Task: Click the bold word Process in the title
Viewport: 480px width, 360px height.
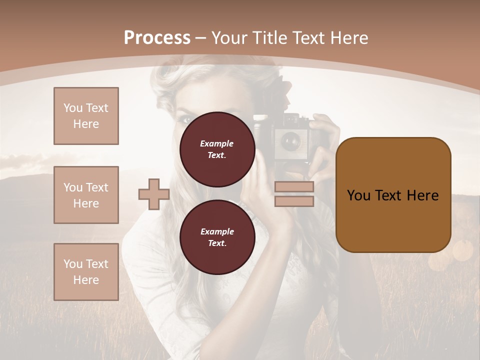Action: click(x=157, y=38)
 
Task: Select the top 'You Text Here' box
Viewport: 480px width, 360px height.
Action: click(x=86, y=116)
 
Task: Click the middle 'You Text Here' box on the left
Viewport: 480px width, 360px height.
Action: click(x=86, y=195)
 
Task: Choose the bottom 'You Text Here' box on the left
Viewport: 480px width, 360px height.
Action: click(x=86, y=271)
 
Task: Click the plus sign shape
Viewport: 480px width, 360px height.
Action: click(x=154, y=194)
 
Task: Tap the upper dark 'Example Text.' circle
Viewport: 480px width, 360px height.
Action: click(x=217, y=149)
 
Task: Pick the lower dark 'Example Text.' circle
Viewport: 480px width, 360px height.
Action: click(x=217, y=237)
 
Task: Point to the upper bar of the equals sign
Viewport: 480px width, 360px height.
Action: click(x=294, y=187)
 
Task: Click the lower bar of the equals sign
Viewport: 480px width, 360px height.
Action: click(x=294, y=201)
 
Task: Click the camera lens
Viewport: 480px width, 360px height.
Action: click(x=289, y=141)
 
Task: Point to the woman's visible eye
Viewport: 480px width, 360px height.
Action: click(x=184, y=120)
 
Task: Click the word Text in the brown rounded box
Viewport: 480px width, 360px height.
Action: click(x=393, y=195)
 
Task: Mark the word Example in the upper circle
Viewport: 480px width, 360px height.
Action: click(x=217, y=143)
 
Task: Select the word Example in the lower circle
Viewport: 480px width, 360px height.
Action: click(x=217, y=231)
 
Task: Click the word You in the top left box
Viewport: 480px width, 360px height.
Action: click(x=73, y=108)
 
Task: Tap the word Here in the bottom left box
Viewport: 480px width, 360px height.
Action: click(x=86, y=280)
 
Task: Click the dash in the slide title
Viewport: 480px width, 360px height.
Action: click(x=201, y=38)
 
